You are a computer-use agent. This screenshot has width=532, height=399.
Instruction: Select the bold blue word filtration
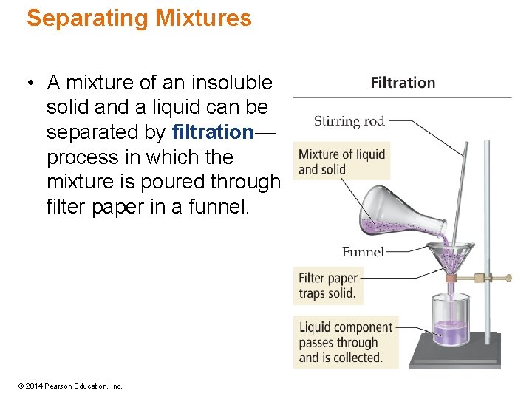click(x=213, y=132)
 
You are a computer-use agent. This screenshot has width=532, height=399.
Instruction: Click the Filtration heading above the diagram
click(x=403, y=83)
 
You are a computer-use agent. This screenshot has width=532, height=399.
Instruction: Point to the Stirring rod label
click(x=349, y=121)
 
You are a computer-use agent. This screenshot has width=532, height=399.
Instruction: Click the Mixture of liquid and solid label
click(x=341, y=162)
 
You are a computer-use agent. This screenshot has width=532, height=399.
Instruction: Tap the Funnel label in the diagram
click(x=363, y=252)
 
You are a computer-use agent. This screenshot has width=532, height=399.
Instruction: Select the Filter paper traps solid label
click(x=328, y=285)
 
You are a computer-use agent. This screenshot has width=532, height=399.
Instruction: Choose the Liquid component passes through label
click(x=345, y=342)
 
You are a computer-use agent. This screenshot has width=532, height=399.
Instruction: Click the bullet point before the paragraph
click(x=30, y=83)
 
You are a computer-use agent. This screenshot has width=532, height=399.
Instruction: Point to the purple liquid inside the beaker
click(x=450, y=333)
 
